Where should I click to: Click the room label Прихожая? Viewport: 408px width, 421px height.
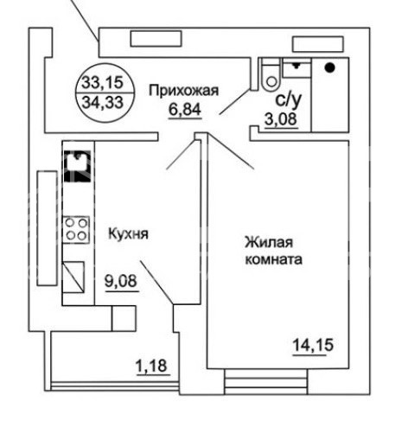click(x=184, y=91)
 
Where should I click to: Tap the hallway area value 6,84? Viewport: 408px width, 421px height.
click(x=185, y=109)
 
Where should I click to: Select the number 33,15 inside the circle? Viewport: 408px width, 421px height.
click(x=103, y=82)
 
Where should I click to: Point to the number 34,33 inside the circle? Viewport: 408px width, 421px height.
click(x=103, y=102)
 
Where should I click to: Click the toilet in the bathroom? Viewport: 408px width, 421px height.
click(x=271, y=74)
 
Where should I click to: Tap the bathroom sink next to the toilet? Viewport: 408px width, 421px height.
click(x=296, y=68)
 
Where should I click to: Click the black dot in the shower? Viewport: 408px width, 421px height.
click(x=329, y=68)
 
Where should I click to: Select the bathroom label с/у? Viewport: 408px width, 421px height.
click(x=289, y=99)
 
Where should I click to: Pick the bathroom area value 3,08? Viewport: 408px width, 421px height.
click(x=281, y=118)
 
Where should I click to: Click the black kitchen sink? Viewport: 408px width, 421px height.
click(x=77, y=166)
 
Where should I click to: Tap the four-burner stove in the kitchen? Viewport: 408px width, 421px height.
click(x=76, y=229)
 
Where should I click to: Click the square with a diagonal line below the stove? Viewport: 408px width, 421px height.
click(x=73, y=277)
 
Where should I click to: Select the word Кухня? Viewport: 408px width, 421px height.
click(x=128, y=234)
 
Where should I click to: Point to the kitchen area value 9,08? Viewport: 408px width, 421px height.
click(x=121, y=281)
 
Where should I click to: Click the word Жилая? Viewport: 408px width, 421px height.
click(x=269, y=243)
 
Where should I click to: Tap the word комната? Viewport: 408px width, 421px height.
click(x=273, y=259)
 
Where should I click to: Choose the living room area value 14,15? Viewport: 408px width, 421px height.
click(x=313, y=345)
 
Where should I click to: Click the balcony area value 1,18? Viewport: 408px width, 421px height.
click(x=151, y=366)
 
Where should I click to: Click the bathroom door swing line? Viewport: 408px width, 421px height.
click(x=234, y=101)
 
